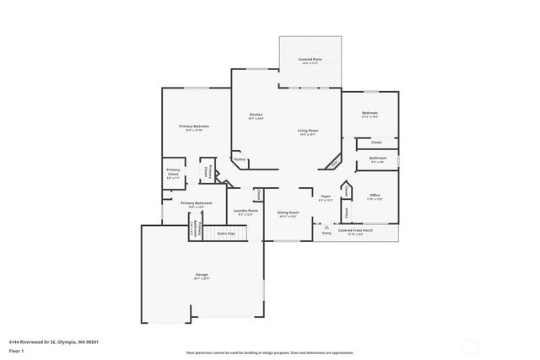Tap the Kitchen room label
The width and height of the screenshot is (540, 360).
[255, 115]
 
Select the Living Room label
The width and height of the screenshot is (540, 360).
[307, 130]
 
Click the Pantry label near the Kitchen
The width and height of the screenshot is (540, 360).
[240, 159]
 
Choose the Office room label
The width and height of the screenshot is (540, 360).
[375, 195]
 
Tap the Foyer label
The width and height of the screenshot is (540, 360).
[326, 197]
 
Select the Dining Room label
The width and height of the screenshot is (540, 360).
[287, 213]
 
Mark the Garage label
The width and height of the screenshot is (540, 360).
[202, 275]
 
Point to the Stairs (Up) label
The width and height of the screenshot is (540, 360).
[225, 232]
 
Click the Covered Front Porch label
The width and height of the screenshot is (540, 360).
[350, 229]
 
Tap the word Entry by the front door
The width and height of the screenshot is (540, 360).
[327, 233]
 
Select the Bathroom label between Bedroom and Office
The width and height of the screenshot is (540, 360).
[377, 158]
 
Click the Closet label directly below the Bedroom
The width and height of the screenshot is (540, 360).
[376, 142]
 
